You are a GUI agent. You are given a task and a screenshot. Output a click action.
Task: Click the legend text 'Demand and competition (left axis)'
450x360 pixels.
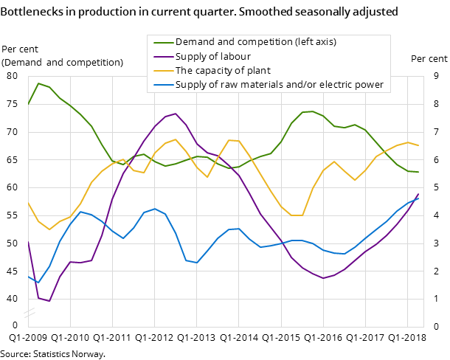click(255, 42)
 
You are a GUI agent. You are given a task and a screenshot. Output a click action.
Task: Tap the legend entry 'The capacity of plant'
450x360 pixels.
click(223, 71)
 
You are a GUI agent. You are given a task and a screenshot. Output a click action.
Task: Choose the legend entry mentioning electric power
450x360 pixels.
click(279, 85)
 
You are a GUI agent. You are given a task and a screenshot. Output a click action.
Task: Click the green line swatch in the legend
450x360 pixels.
click(162, 42)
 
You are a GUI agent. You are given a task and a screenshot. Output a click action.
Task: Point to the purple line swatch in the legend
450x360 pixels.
click(162, 57)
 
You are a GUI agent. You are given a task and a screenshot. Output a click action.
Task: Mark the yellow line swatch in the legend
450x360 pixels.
click(162, 71)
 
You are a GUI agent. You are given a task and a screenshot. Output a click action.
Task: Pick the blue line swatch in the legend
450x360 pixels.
click(162, 85)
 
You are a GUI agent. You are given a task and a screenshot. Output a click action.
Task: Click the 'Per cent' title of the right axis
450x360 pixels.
click(429, 59)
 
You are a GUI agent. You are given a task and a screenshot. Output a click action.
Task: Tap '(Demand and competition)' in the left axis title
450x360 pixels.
click(62, 62)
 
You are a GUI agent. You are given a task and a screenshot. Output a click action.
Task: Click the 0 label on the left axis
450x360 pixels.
click(15, 325)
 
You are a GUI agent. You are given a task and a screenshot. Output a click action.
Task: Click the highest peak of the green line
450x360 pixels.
click(38, 83)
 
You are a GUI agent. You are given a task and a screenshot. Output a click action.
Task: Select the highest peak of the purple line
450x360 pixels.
click(175, 114)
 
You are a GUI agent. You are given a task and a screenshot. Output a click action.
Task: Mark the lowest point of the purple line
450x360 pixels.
click(49, 301)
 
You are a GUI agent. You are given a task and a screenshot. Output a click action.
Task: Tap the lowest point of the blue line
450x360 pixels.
click(38, 283)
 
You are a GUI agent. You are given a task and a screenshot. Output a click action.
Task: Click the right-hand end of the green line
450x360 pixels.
click(418, 172)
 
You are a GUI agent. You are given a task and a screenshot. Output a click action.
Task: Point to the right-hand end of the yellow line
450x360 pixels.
click(418, 145)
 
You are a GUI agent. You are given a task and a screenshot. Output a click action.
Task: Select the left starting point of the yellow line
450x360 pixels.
click(28, 202)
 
